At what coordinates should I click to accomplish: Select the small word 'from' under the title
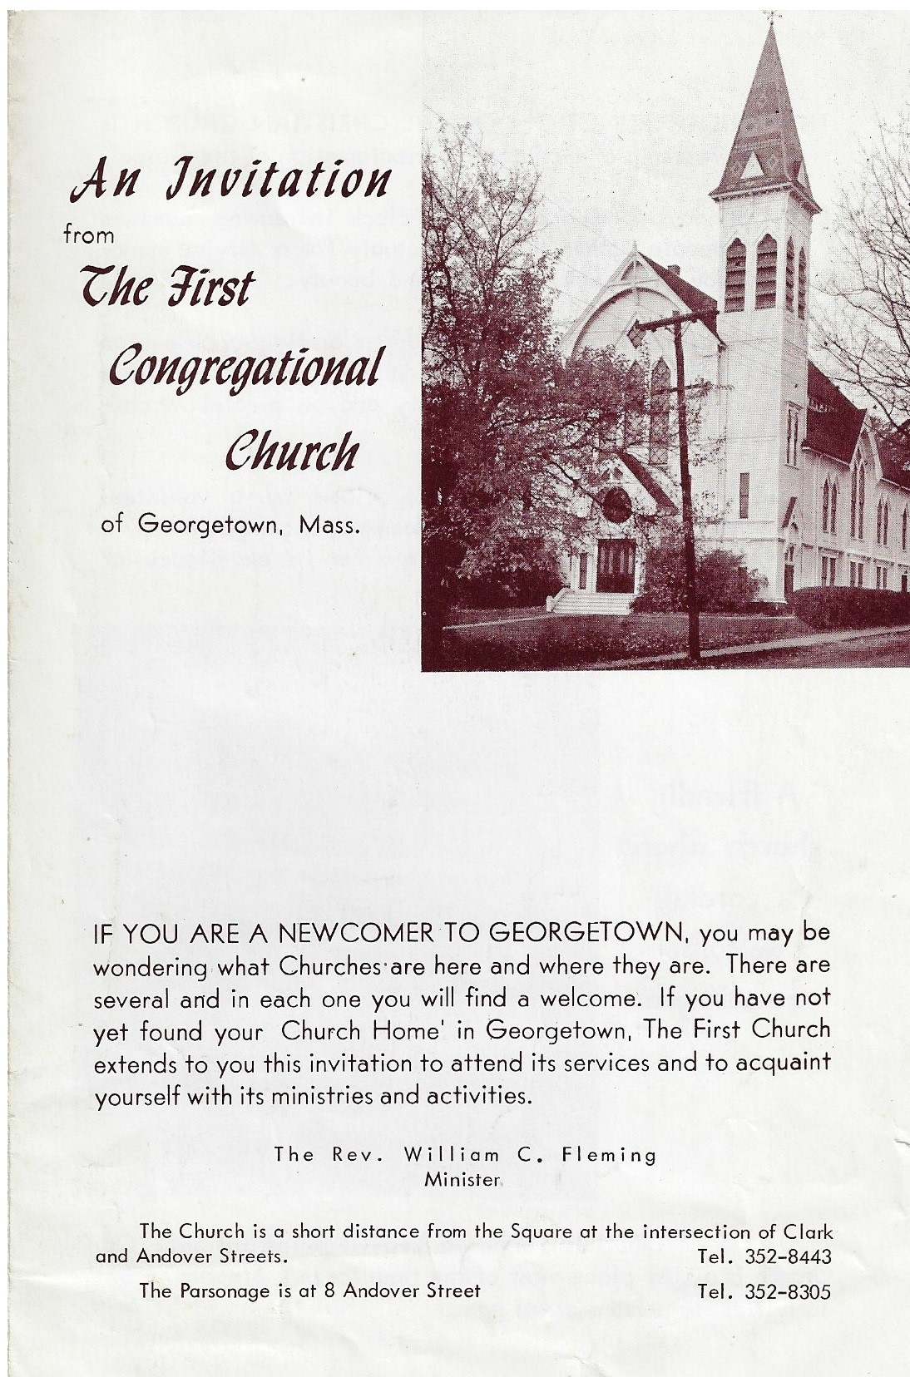(89, 235)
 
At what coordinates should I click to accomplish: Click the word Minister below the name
(462, 1177)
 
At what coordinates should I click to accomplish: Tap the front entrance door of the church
(616, 565)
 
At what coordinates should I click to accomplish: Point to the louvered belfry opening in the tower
(765, 274)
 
